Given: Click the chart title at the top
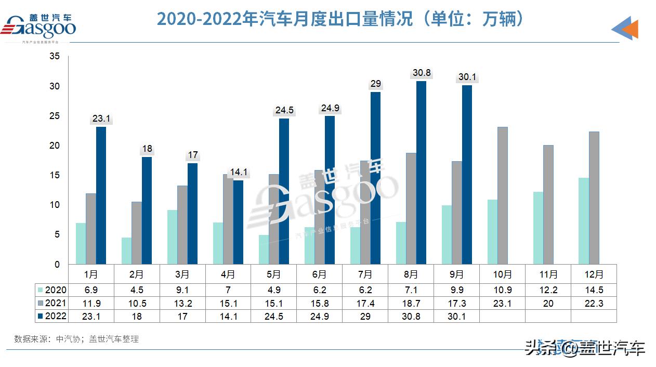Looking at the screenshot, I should point(340,19).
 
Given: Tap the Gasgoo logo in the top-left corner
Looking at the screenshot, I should point(41,27).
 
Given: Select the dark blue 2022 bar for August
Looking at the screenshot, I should point(421,173).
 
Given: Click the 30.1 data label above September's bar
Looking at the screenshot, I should point(467,77).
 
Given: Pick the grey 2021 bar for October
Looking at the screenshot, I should point(503,195).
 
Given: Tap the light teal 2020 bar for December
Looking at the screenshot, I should point(584,221).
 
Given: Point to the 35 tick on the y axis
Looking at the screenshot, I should point(55,56).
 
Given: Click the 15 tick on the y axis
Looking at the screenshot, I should point(55,175).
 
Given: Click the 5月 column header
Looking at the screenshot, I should point(273,274).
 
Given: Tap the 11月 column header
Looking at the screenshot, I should point(548,274).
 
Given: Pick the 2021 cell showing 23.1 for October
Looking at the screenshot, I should point(502,303).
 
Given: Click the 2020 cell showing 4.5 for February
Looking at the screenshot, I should point(136,290).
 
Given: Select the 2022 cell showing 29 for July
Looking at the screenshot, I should point(365,316).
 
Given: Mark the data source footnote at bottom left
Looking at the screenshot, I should point(76,339).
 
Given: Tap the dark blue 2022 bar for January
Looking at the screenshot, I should point(101,195).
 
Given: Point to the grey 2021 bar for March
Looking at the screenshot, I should point(182,225).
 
